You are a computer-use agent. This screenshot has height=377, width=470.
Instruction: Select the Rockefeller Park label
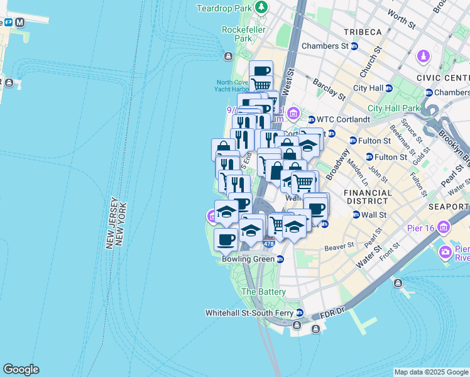point(237,34)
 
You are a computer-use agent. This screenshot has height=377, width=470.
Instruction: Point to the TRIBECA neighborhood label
point(361,32)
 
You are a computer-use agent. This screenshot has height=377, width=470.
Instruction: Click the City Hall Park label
point(393,108)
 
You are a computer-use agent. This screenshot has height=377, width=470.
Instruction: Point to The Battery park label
point(263,292)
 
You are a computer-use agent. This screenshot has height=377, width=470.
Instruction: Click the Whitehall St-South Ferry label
point(251,312)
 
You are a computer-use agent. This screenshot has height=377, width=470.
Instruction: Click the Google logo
point(21,369)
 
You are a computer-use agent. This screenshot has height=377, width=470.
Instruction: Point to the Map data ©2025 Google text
point(431,372)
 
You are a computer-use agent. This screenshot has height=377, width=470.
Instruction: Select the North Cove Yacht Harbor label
point(233,85)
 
